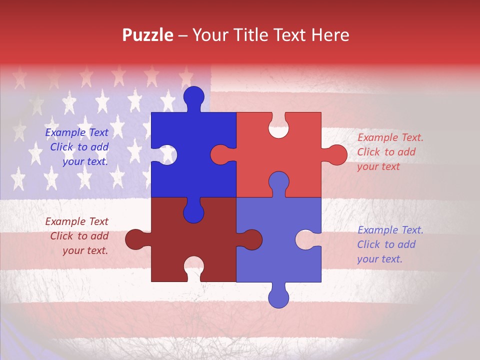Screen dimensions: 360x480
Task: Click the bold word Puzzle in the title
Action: [x=148, y=35]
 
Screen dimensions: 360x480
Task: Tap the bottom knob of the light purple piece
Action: [x=278, y=296]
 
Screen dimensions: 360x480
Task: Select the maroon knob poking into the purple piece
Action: [x=250, y=239]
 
